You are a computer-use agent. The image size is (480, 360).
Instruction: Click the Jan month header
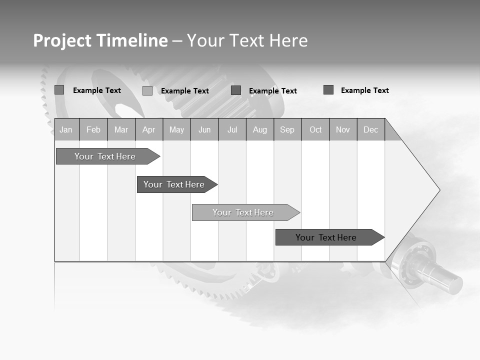click(66, 130)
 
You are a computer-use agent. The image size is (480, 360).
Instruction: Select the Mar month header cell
click(121, 130)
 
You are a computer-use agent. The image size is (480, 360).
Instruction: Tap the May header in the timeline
click(176, 130)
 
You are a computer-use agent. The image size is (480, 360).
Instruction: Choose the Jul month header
click(232, 130)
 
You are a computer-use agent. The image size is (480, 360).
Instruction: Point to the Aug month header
click(260, 130)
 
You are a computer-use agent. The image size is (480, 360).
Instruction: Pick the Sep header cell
click(287, 130)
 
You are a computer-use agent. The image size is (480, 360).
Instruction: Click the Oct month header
click(315, 130)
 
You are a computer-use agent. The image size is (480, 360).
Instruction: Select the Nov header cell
click(343, 130)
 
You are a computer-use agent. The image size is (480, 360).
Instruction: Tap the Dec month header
click(370, 130)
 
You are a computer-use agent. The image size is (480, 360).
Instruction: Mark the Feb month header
click(93, 130)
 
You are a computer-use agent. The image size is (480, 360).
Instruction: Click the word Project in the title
click(63, 41)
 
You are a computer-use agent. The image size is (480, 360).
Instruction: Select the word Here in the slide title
click(288, 40)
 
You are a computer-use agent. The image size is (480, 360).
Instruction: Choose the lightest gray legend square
click(147, 91)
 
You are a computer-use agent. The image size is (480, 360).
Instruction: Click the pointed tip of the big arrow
click(438, 190)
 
